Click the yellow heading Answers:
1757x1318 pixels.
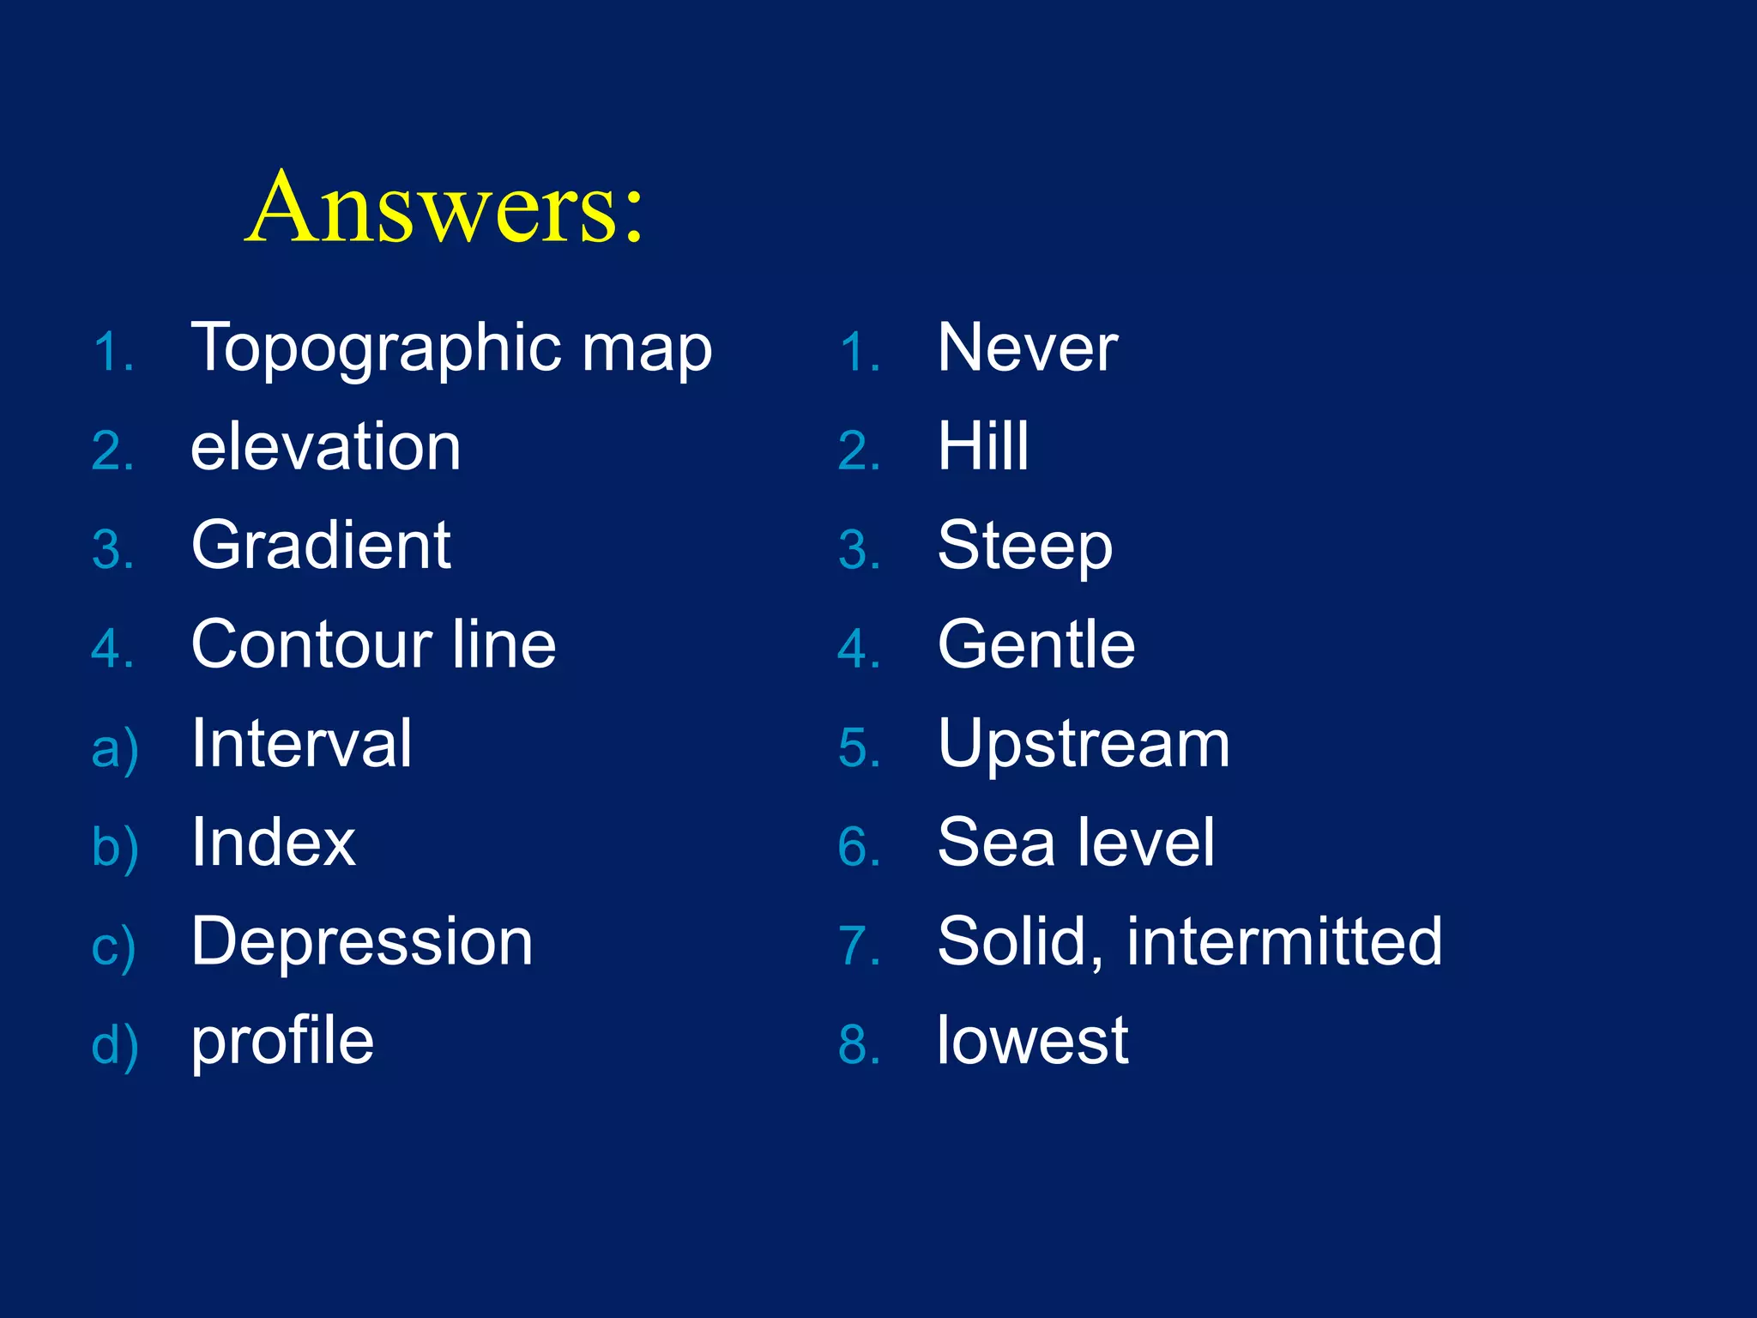(x=444, y=208)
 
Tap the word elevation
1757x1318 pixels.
(x=325, y=447)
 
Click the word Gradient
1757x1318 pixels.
(x=321, y=546)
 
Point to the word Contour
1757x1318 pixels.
(x=311, y=644)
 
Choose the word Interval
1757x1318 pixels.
(x=301, y=743)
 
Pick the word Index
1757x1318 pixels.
(x=273, y=843)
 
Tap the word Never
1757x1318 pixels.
(x=1027, y=348)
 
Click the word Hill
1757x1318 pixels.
(x=982, y=447)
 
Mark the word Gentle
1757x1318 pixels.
(x=1036, y=644)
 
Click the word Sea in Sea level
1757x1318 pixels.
(x=995, y=843)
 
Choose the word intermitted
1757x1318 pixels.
(x=1283, y=941)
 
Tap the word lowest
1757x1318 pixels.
(x=1032, y=1041)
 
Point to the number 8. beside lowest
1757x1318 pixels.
(x=859, y=1046)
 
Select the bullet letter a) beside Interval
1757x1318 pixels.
(x=114, y=749)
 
